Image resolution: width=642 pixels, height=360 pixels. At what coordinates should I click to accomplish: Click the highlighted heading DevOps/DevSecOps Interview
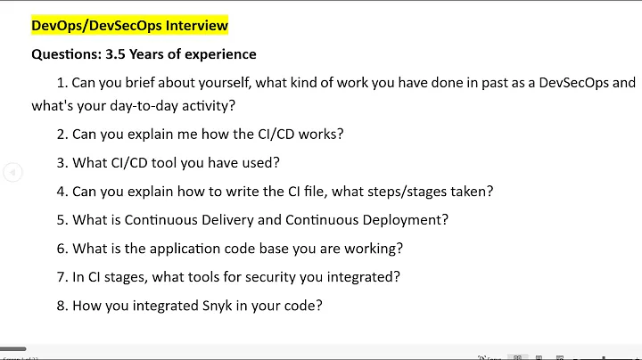(x=129, y=25)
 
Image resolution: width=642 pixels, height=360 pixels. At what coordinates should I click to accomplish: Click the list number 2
(x=62, y=135)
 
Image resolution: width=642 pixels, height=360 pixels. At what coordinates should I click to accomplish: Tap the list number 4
(x=62, y=191)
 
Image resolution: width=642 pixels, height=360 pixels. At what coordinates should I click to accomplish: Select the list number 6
(x=62, y=248)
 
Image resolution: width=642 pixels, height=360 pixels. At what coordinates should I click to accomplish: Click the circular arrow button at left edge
(x=12, y=172)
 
